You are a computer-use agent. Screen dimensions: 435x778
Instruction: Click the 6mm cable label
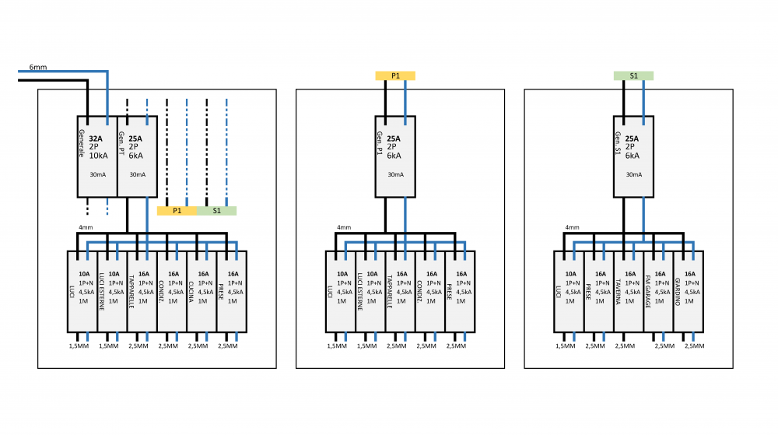38,68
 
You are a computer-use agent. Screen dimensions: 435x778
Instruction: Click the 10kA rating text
99,156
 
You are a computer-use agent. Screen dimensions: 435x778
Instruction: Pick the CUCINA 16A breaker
201,290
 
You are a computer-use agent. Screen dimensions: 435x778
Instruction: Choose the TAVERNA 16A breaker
628,290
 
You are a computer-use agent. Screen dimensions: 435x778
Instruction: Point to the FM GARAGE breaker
657,290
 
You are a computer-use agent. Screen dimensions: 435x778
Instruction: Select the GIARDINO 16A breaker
688,290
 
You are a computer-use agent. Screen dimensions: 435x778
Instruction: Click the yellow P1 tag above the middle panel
395,75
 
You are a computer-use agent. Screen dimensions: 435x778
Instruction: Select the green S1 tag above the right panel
633,75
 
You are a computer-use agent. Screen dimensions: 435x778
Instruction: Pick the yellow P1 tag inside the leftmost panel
177,211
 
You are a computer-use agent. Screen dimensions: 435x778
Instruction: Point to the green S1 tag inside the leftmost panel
216,211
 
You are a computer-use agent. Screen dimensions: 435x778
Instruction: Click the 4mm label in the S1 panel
572,228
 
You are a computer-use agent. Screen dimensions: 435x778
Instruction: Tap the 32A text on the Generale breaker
96,139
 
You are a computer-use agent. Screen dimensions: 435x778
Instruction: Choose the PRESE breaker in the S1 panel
598,290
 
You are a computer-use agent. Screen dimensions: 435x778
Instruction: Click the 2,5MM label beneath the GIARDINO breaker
694,346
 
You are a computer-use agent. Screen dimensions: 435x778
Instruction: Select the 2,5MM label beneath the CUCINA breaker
198,346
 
